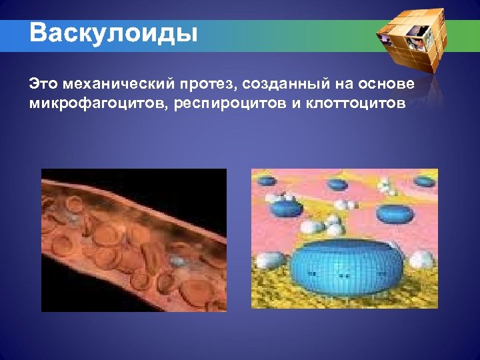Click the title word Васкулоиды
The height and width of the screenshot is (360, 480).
coord(113,33)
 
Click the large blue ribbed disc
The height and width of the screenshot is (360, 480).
coord(343,267)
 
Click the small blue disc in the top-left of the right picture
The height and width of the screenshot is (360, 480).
coord(267,180)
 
